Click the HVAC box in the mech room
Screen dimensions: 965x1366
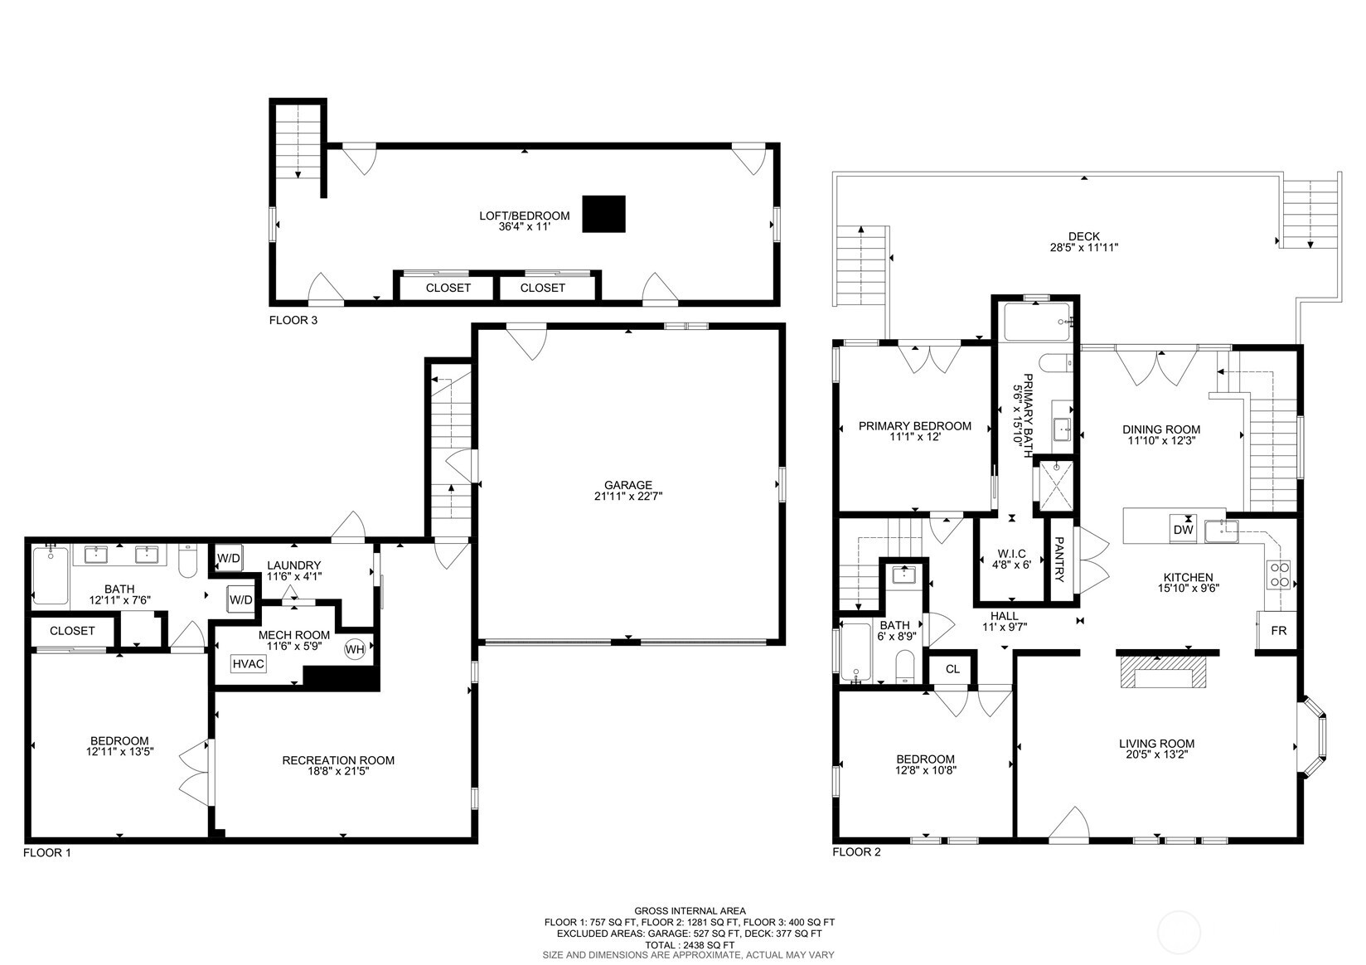coord(249,664)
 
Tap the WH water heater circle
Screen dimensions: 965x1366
coord(355,649)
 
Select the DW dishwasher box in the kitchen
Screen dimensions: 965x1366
coord(1183,529)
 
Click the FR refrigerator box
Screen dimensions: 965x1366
coord(1278,631)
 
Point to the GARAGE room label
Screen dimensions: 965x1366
coord(627,485)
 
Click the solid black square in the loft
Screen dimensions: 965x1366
coord(603,214)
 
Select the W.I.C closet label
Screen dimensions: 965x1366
coord(1011,554)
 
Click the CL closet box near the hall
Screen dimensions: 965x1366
coord(952,669)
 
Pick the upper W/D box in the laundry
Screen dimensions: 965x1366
coord(228,558)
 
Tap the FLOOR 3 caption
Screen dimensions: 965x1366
coord(293,319)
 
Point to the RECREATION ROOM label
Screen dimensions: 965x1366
coord(338,760)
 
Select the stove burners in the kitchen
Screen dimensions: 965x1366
coord(1279,575)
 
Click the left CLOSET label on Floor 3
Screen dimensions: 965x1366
coord(448,288)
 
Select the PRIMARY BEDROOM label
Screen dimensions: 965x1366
coord(914,426)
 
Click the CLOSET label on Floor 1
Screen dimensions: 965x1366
coord(72,631)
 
